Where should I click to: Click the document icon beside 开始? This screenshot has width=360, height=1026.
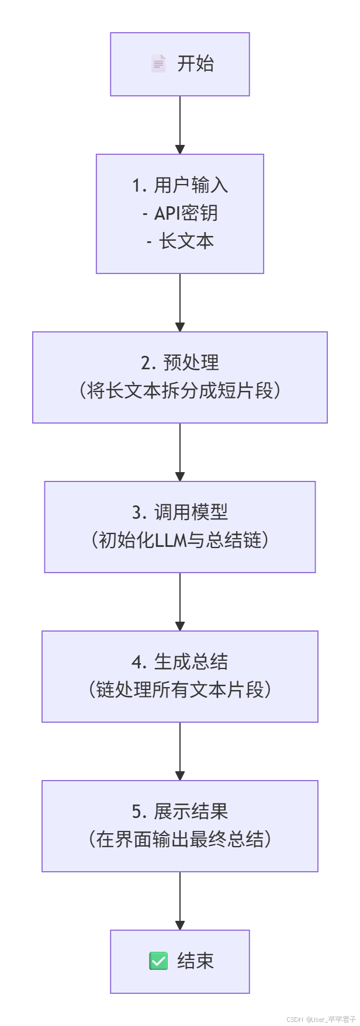[158, 64]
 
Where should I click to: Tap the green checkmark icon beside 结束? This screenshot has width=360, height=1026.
[158, 961]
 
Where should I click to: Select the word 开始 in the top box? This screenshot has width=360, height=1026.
[195, 64]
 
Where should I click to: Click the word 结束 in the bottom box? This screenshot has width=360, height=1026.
[195, 961]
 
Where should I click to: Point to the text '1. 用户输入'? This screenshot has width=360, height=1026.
[180, 185]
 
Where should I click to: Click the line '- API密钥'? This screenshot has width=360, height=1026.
[180, 213]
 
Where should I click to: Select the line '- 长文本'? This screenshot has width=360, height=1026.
[180, 241]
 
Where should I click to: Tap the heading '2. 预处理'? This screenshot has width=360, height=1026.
[180, 363]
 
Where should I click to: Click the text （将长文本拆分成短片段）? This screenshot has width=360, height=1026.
[180, 391]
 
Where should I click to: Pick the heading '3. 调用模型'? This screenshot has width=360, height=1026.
[180, 512]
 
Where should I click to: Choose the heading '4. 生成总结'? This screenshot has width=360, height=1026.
[180, 662]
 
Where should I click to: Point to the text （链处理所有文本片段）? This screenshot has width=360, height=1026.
[180, 690]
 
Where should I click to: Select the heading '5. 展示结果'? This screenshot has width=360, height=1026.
[180, 812]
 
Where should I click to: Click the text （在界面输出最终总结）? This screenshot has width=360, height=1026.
[180, 840]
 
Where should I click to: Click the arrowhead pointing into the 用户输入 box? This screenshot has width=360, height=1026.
[180, 149]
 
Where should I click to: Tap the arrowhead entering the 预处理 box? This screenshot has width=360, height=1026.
[180, 327]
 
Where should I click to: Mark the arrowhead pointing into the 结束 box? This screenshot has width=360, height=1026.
[180, 925]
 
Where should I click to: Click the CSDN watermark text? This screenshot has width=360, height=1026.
[321, 1019]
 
